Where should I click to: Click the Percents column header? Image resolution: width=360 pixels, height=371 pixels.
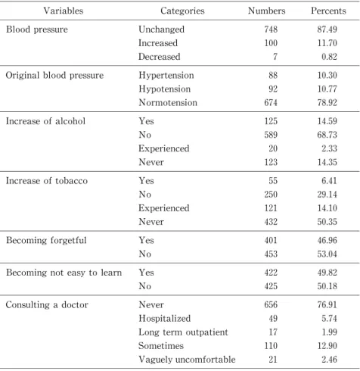click(x=328, y=11)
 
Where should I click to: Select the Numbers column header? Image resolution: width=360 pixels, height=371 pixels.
click(x=266, y=11)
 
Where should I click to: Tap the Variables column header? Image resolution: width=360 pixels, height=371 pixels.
click(x=64, y=11)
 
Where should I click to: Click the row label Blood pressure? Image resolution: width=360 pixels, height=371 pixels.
click(x=37, y=30)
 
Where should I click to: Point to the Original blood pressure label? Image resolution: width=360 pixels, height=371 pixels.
click(x=54, y=75)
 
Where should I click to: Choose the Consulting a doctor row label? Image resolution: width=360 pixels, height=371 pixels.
click(x=47, y=305)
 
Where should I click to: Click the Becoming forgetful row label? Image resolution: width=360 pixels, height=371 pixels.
click(x=46, y=240)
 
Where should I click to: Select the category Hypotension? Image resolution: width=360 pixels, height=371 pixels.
click(x=165, y=89)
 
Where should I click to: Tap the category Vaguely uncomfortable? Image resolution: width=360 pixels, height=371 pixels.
click(x=187, y=360)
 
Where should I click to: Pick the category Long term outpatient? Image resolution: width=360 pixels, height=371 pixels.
click(x=183, y=332)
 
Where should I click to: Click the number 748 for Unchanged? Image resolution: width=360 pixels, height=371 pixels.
click(x=271, y=30)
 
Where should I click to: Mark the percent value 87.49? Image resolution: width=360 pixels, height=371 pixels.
click(x=327, y=30)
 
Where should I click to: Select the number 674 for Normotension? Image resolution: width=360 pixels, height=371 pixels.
click(x=271, y=102)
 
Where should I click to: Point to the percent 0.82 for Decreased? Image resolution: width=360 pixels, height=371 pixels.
click(x=329, y=57)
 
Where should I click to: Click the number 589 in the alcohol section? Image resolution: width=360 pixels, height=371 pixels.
click(x=271, y=135)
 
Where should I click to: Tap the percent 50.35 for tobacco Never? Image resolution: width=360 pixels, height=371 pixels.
click(x=327, y=222)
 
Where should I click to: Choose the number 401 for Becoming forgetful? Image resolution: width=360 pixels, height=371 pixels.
click(x=271, y=240)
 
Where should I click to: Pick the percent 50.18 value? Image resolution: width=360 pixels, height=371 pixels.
click(x=327, y=286)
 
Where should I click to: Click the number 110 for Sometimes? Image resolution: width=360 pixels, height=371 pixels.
click(x=271, y=345)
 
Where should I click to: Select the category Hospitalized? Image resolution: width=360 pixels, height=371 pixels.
click(x=165, y=319)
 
